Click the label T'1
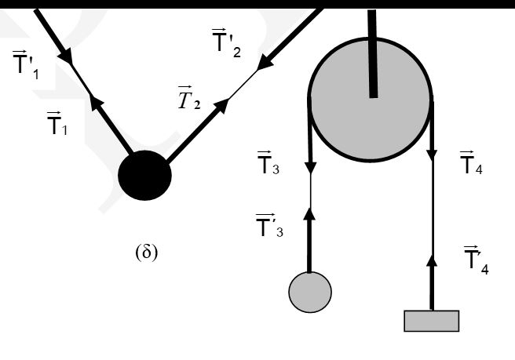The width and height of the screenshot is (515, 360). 26,65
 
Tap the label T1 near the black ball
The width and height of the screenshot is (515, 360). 57,123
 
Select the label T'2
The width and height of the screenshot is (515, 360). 226,43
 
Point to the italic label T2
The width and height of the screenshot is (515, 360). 189,97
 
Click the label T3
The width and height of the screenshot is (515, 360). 268,163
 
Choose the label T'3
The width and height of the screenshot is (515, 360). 269,225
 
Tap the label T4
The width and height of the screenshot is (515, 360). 471,163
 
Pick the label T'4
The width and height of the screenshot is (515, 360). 477,260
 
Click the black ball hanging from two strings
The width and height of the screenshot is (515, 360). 144,175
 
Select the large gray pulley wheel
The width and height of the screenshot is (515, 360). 371,100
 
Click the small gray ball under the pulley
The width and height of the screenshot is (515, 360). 310,292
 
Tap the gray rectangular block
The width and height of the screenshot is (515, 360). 432,321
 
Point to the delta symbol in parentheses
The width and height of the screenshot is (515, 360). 147,253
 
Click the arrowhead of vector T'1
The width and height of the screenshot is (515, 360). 67,57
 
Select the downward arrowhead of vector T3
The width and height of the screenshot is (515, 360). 310,167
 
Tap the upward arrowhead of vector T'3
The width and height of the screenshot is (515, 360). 309,213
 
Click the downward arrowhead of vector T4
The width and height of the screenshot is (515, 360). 433,155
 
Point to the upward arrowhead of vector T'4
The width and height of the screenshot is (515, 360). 433,260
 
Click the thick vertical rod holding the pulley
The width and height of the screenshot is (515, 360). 372,53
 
